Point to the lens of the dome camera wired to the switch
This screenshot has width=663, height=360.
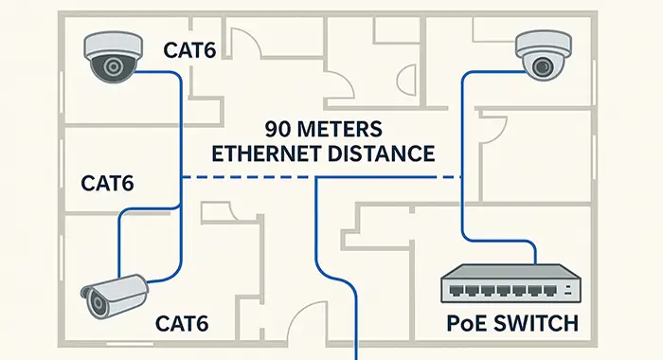[543, 65]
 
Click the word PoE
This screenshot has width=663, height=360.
[467, 325]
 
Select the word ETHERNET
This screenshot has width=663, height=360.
[271, 153]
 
